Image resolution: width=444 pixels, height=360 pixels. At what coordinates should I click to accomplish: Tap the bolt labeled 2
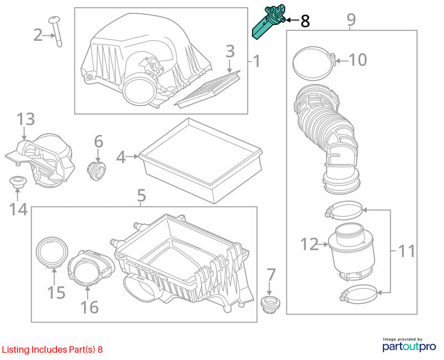[57, 31]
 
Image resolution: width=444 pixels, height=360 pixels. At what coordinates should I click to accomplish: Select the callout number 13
[26, 119]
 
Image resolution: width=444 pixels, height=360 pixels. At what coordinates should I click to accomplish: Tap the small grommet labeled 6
[96, 170]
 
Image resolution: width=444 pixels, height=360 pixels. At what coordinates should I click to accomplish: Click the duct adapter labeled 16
[90, 268]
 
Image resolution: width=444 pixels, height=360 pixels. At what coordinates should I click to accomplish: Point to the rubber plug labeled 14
[18, 182]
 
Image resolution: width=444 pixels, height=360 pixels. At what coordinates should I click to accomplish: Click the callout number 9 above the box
[351, 19]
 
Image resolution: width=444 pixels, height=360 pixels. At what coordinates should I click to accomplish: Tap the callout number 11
[406, 251]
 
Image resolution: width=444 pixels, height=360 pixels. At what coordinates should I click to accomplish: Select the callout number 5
[142, 196]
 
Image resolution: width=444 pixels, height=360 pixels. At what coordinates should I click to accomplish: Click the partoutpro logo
[409, 345]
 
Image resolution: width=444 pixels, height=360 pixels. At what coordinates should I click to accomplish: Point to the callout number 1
[256, 61]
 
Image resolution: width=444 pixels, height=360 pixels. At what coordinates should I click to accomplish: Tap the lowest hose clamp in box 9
[358, 294]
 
